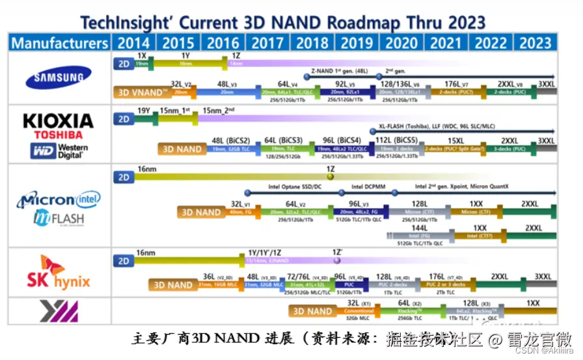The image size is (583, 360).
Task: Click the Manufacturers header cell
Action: point(59,43)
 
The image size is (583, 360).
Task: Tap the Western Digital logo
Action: point(58,150)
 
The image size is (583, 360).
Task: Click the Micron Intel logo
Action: point(58,199)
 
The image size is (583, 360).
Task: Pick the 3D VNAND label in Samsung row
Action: point(141,92)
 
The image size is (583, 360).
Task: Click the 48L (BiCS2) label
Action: point(231,141)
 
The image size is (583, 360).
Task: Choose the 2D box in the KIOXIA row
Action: point(123,119)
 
